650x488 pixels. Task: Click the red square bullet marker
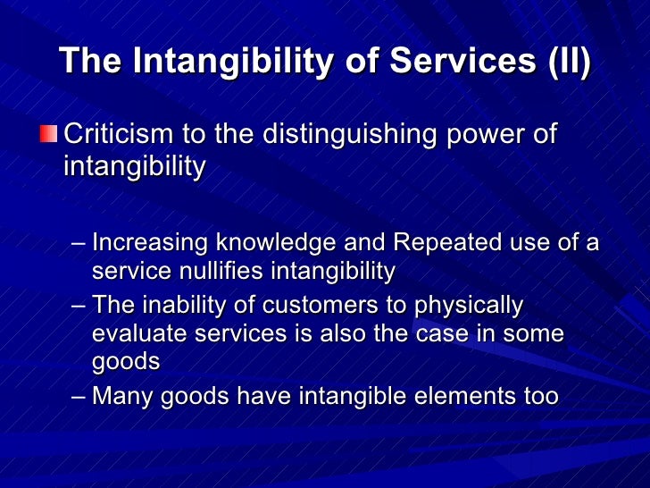(x=47, y=136)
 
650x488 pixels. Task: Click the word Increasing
(x=150, y=243)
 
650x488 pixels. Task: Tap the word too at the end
(x=540, y=396)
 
